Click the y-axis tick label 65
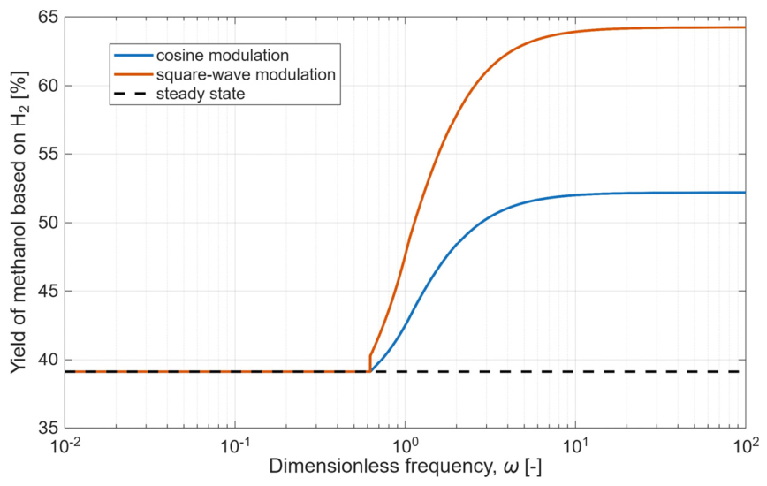48,17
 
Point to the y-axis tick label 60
48,86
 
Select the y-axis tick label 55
48,154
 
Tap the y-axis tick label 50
48,223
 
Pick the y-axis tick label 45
48,291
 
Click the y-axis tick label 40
48,360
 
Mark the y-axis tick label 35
48,428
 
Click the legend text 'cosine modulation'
223,56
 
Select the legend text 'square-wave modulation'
246,74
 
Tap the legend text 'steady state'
201,94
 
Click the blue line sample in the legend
133,56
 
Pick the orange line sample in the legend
133,74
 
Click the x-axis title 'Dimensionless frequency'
381,467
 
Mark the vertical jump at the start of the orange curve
370,363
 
